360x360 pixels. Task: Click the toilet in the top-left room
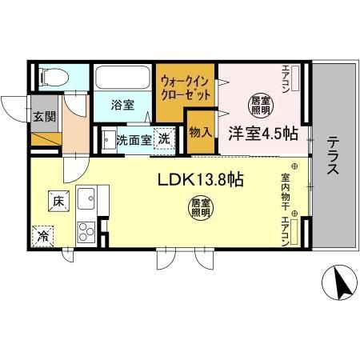(x=54, y=78)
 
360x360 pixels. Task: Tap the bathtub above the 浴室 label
(x=122, y=77)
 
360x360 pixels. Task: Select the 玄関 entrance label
(x=45, y=117)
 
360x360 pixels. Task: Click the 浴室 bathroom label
(x=122, y=105)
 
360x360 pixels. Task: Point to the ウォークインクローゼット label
(x=186, y=88)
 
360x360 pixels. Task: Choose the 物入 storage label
(x=201, y=132)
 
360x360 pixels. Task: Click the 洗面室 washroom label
(x=134, y=140)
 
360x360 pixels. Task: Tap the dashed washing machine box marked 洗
(x=164, y=138)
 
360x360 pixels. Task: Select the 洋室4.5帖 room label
(x=263, y=134)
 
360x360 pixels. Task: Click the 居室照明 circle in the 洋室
(x=261, y=106)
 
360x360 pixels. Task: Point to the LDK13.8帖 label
(x=201, y=179)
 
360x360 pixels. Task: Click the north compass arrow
(x=342, y=285)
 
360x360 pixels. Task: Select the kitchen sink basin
(x=86, y=198)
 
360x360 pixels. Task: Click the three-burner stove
(x=86, y=232)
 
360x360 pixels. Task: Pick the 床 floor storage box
(x=58, y=201)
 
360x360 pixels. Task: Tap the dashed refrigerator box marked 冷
(x=43, y=237)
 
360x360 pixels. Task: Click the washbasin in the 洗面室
(x=109, y=140)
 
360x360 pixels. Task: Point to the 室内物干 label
(x=286, y=192)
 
